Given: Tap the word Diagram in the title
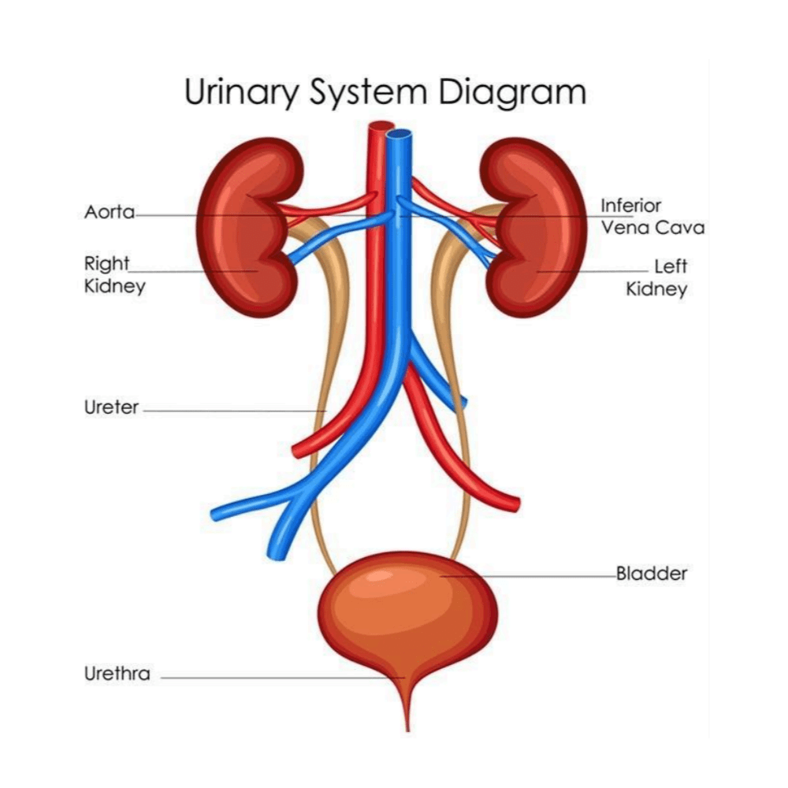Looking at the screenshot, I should tap(512, 92).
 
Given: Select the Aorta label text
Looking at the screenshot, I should tap(110, 213).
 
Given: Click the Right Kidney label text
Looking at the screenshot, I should tap(114, 273).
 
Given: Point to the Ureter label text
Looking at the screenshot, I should tap(111, 408).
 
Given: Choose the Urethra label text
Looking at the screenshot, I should tap(117, 675).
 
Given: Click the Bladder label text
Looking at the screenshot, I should tap(651, 574).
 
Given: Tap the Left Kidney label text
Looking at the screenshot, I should tap(656, 277).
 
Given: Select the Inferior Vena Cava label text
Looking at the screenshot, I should tap(652, 217).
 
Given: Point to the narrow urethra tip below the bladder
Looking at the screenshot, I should tap(407, 713).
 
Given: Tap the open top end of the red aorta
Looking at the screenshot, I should tap(381, 125).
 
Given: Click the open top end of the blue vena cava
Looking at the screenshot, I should tap(400, 133).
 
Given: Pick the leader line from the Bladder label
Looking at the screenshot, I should tap(536, 576).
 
